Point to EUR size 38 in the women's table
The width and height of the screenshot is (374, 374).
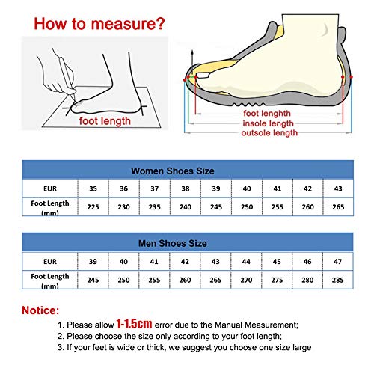tap(186, 187)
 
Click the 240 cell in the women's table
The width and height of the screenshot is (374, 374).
tap(186, 206)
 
